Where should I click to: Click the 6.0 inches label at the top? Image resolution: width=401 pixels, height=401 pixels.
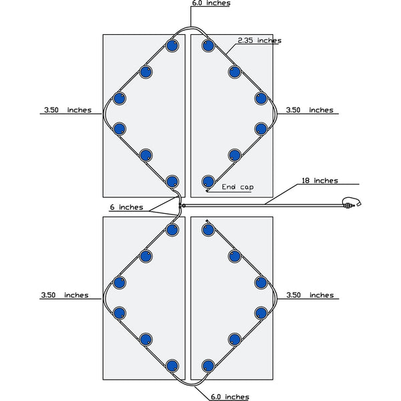pyautogui.click(x=211, y=3)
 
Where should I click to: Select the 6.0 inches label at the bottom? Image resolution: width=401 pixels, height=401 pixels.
pyautogui.click(x=229, y=397)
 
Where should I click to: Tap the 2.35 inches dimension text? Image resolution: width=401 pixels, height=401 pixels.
pyautogui.click(x=259, y=41)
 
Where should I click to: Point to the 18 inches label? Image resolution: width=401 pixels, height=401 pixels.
pyautogui.click(x=319, y=180)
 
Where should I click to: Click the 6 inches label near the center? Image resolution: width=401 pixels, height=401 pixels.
pyautogui.click(x=126, y=207)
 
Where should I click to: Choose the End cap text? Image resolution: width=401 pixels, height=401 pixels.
pyautogui.click(x=237, y=187)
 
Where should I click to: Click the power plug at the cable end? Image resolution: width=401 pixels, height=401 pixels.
pyautogui.click(x=352, y=203)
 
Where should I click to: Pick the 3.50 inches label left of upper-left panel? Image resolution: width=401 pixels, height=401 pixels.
pyautogui.click(x=65, y=110)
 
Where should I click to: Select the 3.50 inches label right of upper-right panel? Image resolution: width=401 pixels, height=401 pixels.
pyautogui.click(x=309, y=110)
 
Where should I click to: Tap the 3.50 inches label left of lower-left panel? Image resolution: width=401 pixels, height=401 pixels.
pyautogui.click(x=65, y=295)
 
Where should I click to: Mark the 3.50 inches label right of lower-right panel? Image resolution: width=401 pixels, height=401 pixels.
pyautogui.click(x=309, y=295)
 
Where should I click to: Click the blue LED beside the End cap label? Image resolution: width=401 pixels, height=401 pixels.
pyautogui.click(x=208, y=180)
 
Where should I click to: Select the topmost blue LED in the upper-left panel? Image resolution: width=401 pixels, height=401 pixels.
pyautogui.click(x=172, y=47)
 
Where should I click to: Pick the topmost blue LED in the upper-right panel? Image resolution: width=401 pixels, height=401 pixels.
pyautogui.click(x=208, y=47)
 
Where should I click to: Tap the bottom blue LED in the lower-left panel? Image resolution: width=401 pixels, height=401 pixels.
pyautogui.click(x=172, y=366)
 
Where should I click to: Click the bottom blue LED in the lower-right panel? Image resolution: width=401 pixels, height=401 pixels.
pyautogui.click(x=208, y=366)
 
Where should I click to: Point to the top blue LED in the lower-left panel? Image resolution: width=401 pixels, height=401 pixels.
pyautogui.click(x=172, y=230)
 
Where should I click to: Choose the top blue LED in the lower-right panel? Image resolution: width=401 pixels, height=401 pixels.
pyautogui.click(x=208, y=230)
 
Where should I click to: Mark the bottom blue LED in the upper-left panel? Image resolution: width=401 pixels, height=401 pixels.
pyautogui.click(x=172, y=180)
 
